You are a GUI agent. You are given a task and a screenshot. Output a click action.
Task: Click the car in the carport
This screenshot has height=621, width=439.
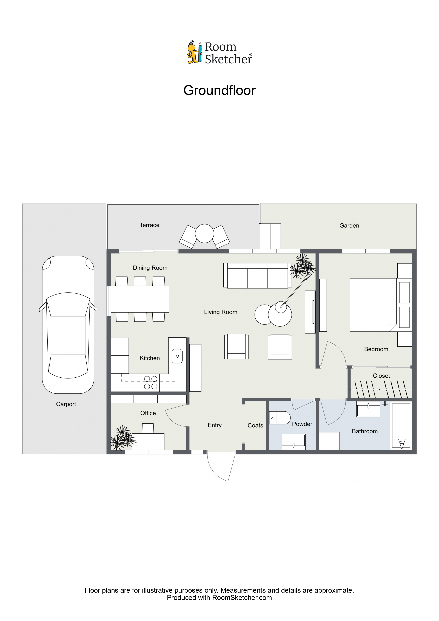[x=68, y=324]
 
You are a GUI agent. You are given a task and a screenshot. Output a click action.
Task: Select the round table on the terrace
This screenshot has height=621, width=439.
[x=204, y=233]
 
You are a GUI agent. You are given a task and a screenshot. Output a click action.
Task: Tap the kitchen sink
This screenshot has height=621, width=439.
[x=177, y=356]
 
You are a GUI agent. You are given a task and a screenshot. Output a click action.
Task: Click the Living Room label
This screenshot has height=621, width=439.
[x=220, y=312]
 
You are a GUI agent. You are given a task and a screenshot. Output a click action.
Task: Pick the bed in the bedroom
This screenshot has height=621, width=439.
[x=373, y=305]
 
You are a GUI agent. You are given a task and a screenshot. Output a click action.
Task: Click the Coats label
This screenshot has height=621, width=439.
[x=255, y=425]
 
